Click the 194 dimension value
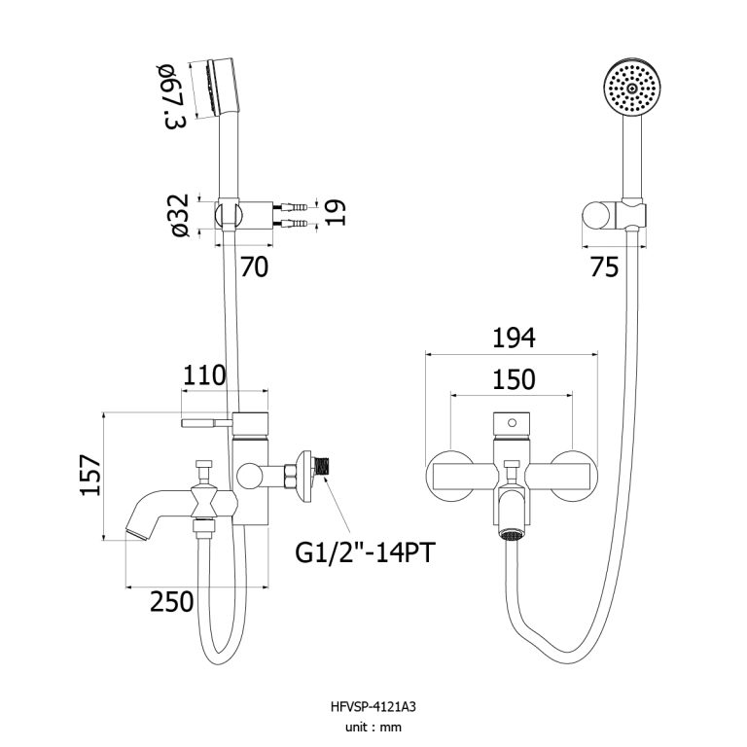coord(514,338)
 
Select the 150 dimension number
coord(514,379)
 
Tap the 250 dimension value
coord(171,601)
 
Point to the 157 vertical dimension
coord(90,475)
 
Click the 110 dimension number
coord(204,375)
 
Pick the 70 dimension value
coord(255,267)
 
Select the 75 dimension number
coord(604,267)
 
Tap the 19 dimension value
coord(335,212)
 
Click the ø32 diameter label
coord(181,215)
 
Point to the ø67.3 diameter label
coord(173,96)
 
